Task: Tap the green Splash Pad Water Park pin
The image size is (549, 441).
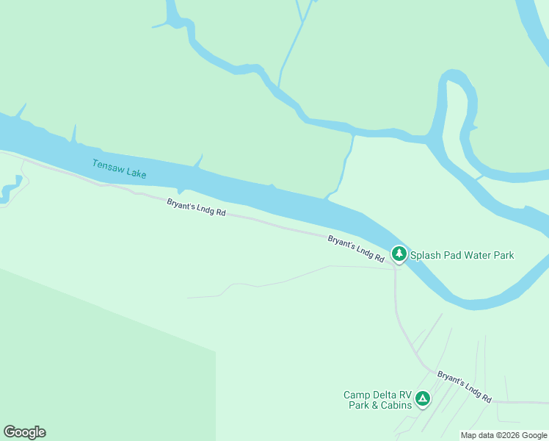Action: [x=399, y=254]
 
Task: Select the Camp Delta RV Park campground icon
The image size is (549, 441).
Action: [x=422, y=399]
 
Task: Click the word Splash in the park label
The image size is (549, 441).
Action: [x=424, y=256]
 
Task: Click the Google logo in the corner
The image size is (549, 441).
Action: [x=24, y=432]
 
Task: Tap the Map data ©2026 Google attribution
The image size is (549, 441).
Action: [x=503, y=435]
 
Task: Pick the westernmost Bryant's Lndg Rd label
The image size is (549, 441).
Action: [x=196, y=208]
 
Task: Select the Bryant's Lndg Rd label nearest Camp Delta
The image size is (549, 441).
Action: [x=464, y=387]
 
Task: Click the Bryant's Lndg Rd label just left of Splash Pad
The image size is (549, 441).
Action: [x=356, y=249]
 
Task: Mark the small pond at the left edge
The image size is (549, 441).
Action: [x=10, y=190]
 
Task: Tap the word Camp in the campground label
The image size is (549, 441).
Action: [x=356, y=395]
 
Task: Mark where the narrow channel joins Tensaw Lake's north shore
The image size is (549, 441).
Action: [x=330, y=196]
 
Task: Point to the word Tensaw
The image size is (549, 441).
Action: [x=107, y=166]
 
